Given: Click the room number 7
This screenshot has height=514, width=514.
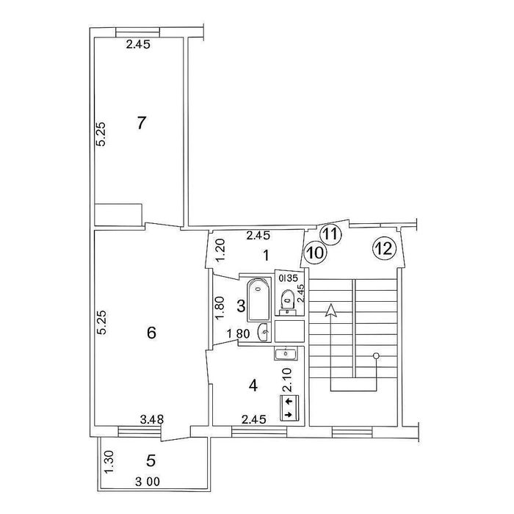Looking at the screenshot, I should click(x=142, y=123).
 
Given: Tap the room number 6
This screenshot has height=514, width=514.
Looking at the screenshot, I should click(x=151, y=333).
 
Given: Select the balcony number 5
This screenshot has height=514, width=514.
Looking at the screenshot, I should click(x=151, y=462).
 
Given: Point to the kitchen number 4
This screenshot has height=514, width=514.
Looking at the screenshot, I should click(x=253, y=384).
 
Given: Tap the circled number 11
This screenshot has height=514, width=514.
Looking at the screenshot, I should click(x=331, y=234).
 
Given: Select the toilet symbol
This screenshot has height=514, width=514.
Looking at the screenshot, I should click(x=288, y=299).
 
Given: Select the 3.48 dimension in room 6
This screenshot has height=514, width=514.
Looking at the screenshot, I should click(x=152, y=420).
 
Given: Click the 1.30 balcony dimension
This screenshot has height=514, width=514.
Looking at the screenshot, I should click(x=108, y=460).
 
